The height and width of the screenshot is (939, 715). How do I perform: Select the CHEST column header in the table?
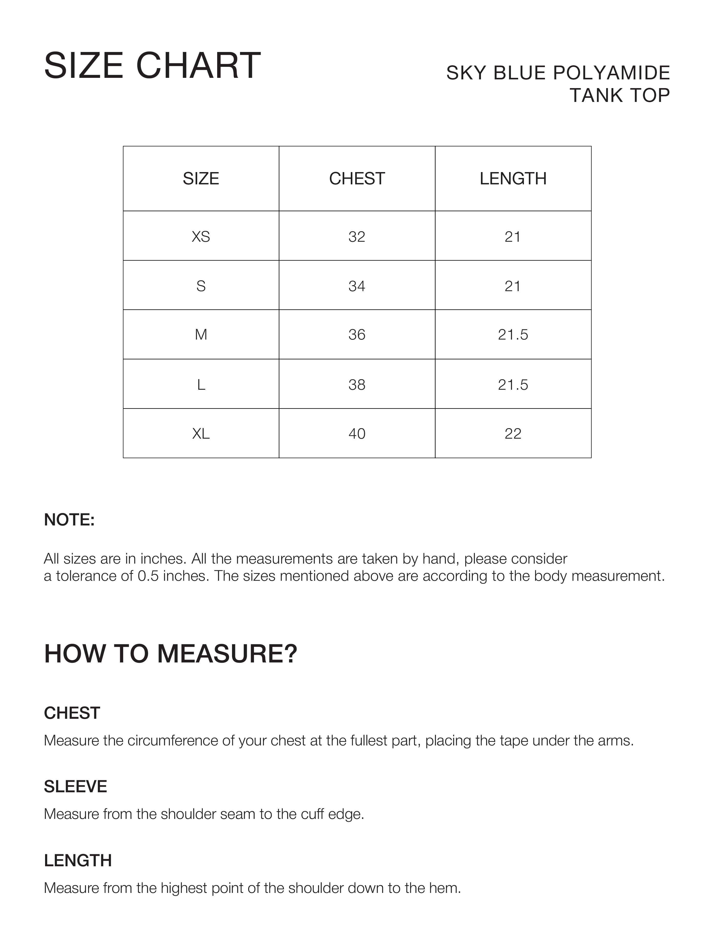(357, 179)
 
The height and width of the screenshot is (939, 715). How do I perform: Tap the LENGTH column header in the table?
(513, 179)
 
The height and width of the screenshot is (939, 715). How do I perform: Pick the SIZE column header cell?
(201, 179)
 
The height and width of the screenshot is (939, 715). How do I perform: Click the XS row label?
(201, 237)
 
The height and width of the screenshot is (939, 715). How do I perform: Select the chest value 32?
(357, 237)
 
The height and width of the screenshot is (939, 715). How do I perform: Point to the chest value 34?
(357, 286)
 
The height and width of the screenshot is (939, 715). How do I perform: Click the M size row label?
(201, 335)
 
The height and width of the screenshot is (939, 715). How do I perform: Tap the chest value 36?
(357, 335)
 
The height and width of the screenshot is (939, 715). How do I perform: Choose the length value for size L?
(513, 385)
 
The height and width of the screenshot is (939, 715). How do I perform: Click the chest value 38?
(357, 385)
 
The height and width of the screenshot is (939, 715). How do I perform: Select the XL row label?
(201, 434)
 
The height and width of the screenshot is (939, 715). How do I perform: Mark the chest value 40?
(357, 434)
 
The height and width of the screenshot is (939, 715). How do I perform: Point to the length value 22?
(513, 434)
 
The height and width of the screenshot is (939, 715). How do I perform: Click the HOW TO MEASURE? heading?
(171, 654)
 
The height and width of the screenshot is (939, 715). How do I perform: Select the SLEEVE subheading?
(75, 787)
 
